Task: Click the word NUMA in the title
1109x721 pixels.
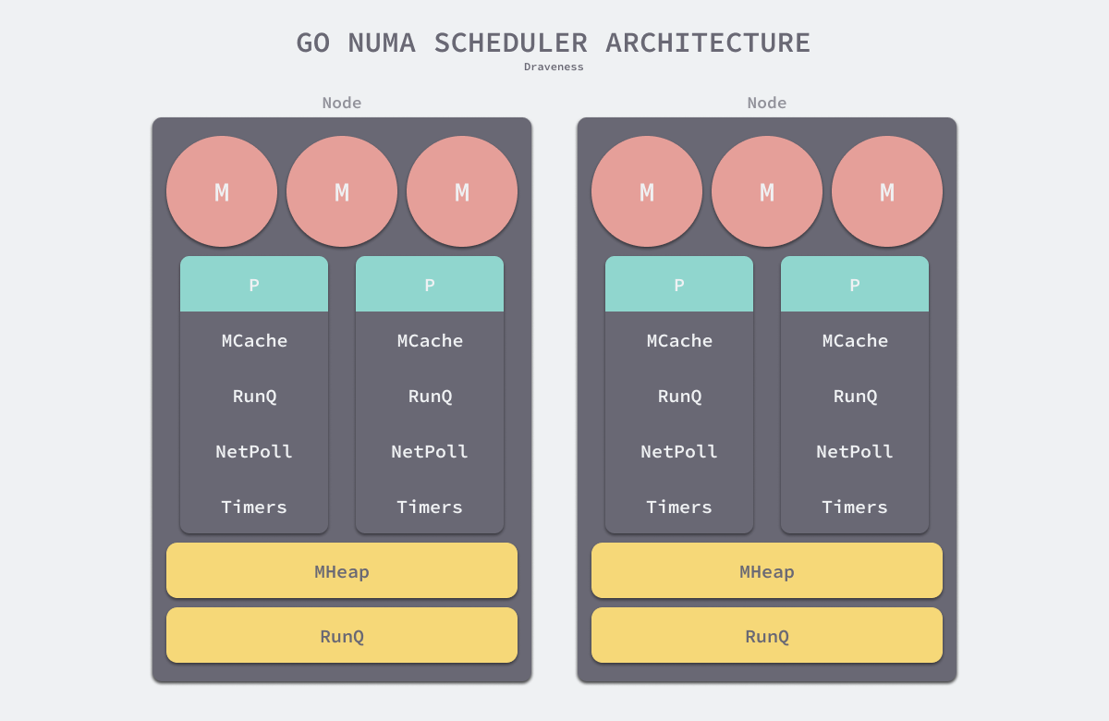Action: coord(382,43)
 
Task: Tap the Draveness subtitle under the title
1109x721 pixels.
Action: coord(554,67)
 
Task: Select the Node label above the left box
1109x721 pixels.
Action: coord(342,103)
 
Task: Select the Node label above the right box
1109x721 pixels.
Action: coord(767,103)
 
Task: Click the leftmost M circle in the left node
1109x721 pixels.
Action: coord(222,191)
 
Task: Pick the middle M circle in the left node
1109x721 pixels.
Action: coord(342,191)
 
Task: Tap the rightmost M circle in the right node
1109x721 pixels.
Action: coord(887,191)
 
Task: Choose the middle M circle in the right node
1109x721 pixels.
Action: coord(767,191)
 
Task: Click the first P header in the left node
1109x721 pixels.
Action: coord(254,285)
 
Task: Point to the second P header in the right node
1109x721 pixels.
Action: coord(855,285)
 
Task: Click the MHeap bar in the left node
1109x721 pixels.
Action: coord(342,571)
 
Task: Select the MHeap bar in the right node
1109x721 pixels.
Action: coord(767,571)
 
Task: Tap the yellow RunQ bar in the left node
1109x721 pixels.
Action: coord(342,636)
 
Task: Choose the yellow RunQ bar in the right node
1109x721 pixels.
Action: coord(767,636)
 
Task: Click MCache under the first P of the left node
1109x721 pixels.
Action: coord(254,340)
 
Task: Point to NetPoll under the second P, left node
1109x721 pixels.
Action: coord(430,451)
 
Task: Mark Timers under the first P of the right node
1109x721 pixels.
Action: coord(679,507)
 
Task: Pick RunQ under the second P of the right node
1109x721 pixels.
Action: coord(855,396)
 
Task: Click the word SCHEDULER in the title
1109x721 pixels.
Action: coord(510,43)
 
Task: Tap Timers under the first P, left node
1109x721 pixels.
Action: coord(254,507)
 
